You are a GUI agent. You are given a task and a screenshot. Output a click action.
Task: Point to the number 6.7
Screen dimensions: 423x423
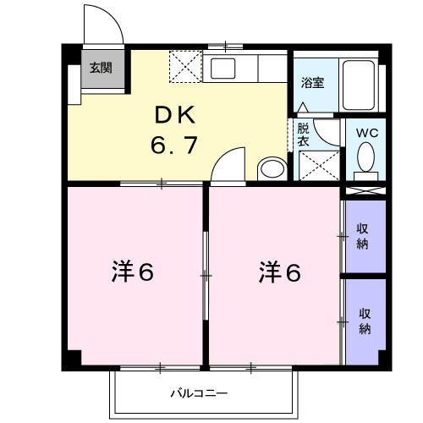174,145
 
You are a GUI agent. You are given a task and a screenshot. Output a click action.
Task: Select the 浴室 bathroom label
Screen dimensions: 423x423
313,83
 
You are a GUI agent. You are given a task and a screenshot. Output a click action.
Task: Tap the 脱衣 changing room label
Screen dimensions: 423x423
302,135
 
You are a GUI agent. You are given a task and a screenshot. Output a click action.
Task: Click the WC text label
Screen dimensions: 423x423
366,133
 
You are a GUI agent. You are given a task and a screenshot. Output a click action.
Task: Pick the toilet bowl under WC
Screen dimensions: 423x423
366,157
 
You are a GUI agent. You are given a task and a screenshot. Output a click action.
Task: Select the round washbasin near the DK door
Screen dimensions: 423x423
272,168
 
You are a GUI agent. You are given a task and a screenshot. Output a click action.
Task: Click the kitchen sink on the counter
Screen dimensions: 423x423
224,69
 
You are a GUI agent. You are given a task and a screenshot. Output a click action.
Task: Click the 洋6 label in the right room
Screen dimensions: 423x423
279,273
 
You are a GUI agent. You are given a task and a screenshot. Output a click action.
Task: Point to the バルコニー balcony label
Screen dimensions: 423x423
199,393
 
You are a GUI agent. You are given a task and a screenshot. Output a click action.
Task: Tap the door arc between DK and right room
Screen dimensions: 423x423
228,164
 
